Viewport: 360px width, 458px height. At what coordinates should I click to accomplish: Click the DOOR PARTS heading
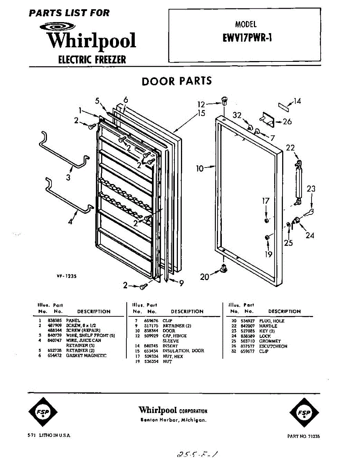pyautogui.click(x=176, y=81)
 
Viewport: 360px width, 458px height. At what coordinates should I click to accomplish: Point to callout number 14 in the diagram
pyautogui.click(x=297, y=101)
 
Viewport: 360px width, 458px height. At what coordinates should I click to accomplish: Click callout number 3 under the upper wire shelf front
pyautogui.click(x=68, y=177)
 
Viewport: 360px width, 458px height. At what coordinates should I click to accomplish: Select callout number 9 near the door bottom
pyautogui.click(x=181, y=283)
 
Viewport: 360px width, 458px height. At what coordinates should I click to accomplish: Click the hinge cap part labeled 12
pyautogui.click(x=224, y=101)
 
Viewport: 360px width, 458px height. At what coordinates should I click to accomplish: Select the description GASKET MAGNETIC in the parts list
pyautogui.click(x=86, y=356)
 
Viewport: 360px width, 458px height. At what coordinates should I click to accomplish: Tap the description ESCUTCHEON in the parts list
pyautogui.click(x=273, y=346)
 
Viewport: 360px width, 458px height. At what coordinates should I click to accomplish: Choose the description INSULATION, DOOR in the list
pyautogui.click(x=183, y=351)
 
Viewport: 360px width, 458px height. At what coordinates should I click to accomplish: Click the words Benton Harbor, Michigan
pyautogui.click(x=174, y=420)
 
